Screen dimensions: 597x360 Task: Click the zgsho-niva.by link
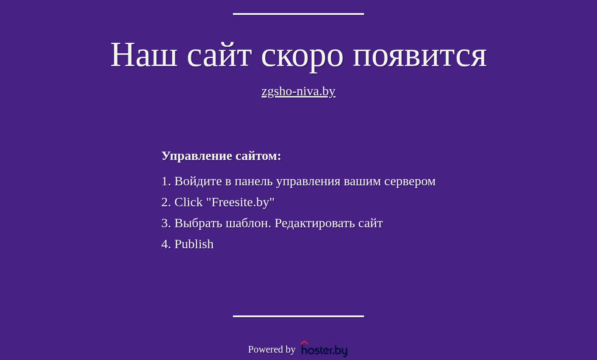click(298, 92)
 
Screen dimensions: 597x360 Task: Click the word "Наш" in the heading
click(144, 55)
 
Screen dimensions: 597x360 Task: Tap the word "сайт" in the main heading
click(219, 55)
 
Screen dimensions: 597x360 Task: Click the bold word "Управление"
click(197, 156)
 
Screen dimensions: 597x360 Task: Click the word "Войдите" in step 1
click(198, 182)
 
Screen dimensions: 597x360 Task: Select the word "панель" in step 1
click(253, 182)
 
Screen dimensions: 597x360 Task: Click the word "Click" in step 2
click(188, 202)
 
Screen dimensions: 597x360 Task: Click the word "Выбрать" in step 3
click(198, 223)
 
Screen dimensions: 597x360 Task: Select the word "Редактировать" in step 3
click(315, 223)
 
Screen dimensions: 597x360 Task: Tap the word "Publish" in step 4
click(194, 244)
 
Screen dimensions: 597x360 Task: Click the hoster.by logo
click(324, 349)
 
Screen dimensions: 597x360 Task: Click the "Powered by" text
click(271, 350)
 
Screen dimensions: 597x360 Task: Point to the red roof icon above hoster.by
click(304, 343)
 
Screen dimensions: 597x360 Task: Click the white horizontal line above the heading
click(298, 14)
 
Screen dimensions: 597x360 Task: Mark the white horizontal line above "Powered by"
click(298, 316)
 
